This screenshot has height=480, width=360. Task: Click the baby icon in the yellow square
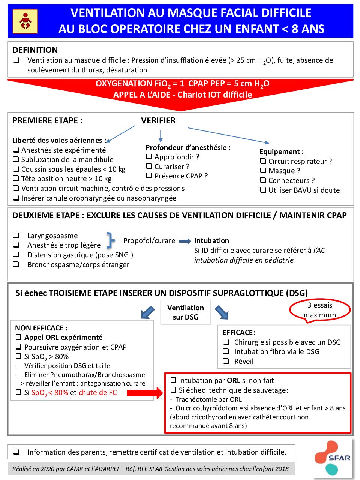25,21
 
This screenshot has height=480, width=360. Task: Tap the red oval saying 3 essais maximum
320,310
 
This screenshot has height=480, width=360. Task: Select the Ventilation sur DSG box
186,312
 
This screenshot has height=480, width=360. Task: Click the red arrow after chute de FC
145,393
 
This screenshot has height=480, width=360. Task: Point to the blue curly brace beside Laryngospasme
110,240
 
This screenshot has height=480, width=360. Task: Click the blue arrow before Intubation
185,241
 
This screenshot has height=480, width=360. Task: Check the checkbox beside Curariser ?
149,166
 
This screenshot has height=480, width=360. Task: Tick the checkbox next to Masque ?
263,171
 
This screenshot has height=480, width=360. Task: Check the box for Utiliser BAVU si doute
263,190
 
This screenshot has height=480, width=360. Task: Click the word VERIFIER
158,121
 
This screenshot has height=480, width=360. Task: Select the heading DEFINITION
35,50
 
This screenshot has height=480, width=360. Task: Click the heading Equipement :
282,152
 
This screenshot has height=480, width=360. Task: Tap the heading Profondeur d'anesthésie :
188,148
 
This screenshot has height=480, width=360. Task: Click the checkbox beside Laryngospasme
16,235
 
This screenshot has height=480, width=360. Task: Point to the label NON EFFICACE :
41,328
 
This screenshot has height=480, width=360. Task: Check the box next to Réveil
226,361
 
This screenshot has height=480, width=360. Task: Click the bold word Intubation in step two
211,241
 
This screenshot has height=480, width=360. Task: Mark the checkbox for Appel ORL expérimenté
18,337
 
